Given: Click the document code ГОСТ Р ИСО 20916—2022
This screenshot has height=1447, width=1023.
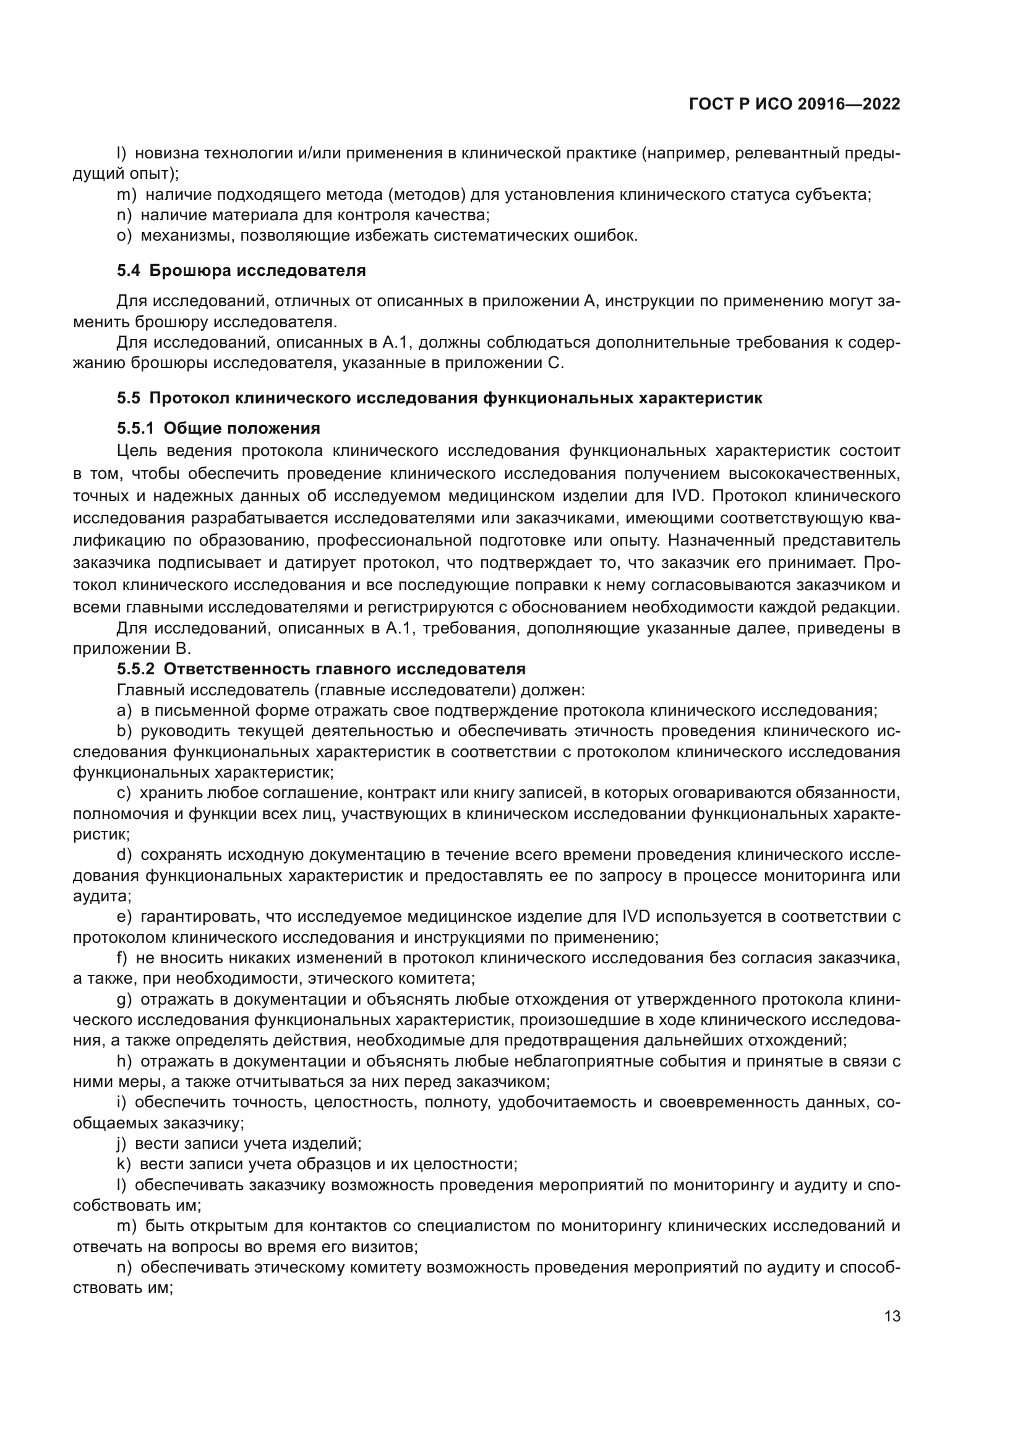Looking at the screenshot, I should (794, 104).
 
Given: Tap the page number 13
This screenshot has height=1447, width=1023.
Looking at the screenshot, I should (892, 1316).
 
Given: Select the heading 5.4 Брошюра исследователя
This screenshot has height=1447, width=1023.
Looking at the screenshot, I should (241, 271).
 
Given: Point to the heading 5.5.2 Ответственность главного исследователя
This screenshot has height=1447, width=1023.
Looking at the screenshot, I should (321, 669).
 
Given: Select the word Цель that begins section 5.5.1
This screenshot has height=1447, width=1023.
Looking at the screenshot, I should (136, 451).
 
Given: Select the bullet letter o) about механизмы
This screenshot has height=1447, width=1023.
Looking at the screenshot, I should (124, 236).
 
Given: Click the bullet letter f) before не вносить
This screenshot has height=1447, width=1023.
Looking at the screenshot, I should (122, 958).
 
